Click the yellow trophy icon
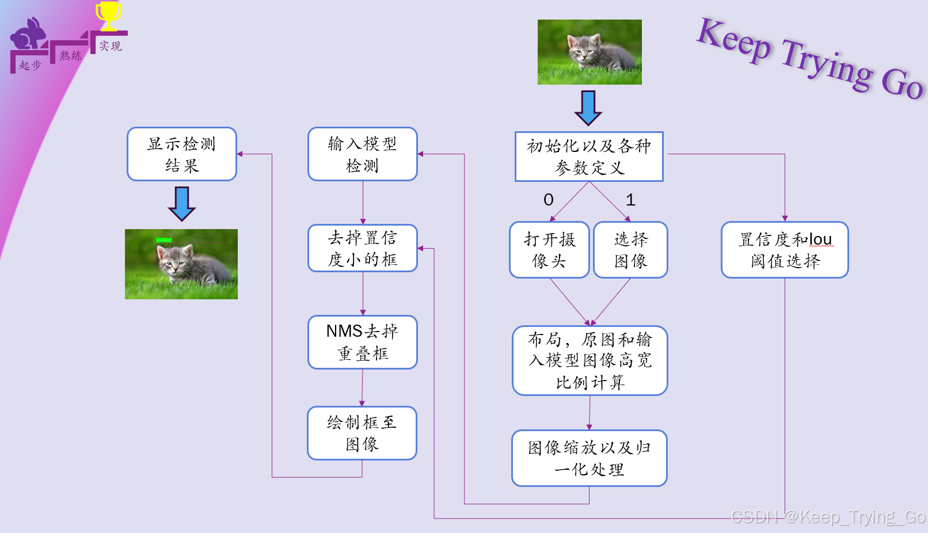108,15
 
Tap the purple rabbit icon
28,36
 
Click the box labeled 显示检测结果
182,154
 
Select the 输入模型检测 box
363,154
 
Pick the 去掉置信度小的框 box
363,248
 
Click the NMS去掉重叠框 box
363,342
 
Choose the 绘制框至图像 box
362,433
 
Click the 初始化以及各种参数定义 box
589,157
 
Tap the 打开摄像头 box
549,250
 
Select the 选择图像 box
630,250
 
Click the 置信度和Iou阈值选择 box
785,250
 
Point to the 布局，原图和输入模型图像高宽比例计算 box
590,360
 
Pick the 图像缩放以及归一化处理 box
589,458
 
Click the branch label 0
549,200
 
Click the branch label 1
630,200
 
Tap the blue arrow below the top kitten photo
588,108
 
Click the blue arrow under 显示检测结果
182,203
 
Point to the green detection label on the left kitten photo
163,240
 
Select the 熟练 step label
70,56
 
